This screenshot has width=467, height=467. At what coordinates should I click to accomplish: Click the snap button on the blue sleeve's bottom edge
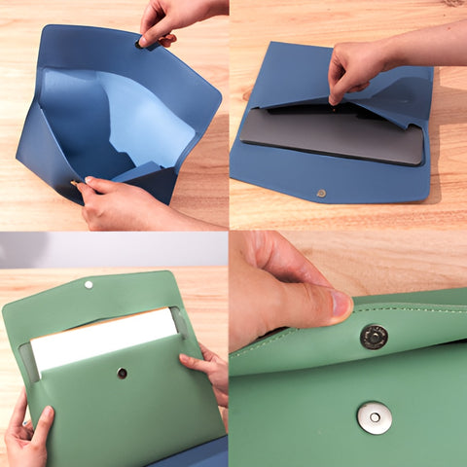click(321, 194)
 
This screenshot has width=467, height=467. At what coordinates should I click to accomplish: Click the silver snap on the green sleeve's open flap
click(89, 285)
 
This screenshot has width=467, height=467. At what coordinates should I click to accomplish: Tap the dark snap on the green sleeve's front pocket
click(122, 373)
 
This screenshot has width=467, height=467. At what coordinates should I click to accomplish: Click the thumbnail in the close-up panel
click(337, 305)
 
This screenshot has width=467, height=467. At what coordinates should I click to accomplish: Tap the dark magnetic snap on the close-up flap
click(374, 337)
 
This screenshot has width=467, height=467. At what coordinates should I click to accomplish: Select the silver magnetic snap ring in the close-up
click(375, 417)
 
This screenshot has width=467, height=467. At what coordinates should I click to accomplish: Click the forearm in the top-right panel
click(428, 44)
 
